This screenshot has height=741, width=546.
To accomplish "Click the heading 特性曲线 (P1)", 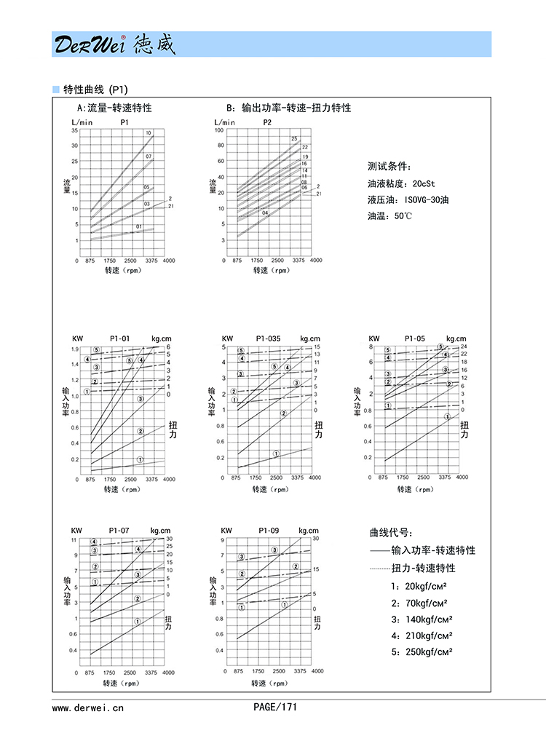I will point(95,90).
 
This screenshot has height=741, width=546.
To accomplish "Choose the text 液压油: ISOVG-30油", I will point(408,199).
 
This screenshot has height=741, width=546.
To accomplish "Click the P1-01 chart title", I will point(119,338).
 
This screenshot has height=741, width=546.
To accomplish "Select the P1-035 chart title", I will point(269,338).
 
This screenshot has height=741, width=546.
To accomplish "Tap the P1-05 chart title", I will point(416,338).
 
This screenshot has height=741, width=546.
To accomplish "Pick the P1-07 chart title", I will point(119,530).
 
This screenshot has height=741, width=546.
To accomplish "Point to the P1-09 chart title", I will point(269,530).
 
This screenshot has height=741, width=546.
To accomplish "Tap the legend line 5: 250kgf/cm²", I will point(422,652).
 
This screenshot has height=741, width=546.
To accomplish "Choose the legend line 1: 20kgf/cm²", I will point(419,586).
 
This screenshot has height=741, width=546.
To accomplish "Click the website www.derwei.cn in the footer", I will point(88,707).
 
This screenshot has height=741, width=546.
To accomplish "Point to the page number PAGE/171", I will point(275,706).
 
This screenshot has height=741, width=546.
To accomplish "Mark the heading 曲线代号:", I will point(392,533).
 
